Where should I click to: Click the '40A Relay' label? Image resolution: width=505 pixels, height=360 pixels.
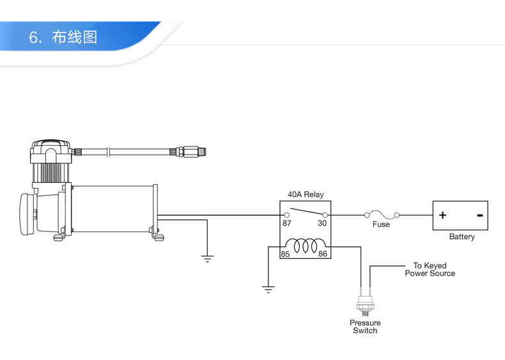(x=306, y=194)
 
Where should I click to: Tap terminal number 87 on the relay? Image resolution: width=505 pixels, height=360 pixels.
(x=286, y=223)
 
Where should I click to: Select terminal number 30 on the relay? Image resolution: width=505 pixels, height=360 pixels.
(x=322, y=223)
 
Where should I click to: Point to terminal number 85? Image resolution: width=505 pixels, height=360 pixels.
(x=285, y=254)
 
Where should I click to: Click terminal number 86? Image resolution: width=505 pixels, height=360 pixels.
(x=323, y=254)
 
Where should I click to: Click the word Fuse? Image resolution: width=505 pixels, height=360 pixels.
(x=381, y=224)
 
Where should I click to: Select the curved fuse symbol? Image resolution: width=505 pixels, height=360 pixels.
(x=382, y=215)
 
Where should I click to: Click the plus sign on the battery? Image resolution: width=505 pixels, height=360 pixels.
(x=442, y=215)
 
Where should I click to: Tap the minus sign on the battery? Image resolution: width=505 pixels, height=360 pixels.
(x=480, y=215)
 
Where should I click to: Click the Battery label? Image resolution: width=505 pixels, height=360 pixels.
(x=462, y=237)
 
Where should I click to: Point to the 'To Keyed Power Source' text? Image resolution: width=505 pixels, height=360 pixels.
(x=430, y=269)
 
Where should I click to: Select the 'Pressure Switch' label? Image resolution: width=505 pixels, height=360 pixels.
(x=365, y=327)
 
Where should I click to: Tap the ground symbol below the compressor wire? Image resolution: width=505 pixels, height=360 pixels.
(x=207, y=258)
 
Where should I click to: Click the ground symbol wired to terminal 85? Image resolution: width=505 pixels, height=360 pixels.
(x=268, y=289)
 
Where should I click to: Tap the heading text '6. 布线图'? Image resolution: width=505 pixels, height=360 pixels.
(x=63, y=36)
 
